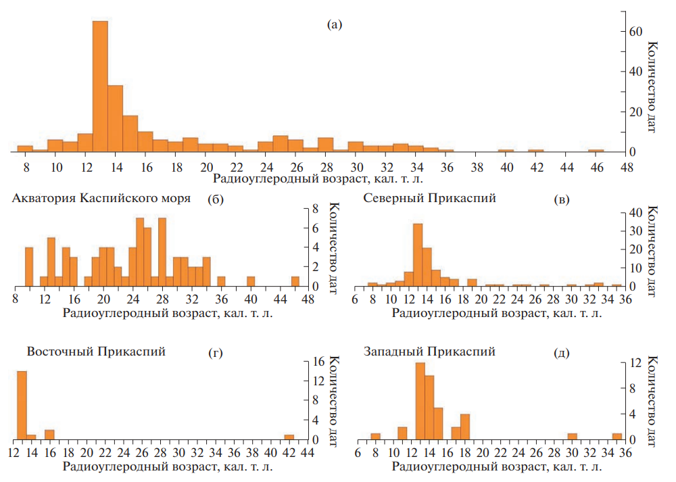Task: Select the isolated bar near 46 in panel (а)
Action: click(x=596, y=150)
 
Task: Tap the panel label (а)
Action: click(x=335, y=25)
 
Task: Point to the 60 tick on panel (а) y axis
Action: click(x=633, y=31)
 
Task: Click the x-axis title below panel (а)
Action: click(x=321, y=179)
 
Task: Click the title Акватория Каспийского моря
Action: click(x=97, y=199)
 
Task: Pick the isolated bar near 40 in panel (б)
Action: click(x=251, y=281)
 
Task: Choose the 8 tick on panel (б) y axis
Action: click(x=314, y=210)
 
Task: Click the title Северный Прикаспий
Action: click(x=430, y=199)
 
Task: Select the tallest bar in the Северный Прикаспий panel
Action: click(x=417, y=255)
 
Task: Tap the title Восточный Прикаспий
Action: click(x=96, y=352)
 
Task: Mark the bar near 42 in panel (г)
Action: click(x=289, y=437)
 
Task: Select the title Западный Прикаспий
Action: click(x=430, y=352)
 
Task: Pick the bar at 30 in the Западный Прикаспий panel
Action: click(x=572, y=437)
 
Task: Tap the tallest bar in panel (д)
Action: click(x=420, y=401)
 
